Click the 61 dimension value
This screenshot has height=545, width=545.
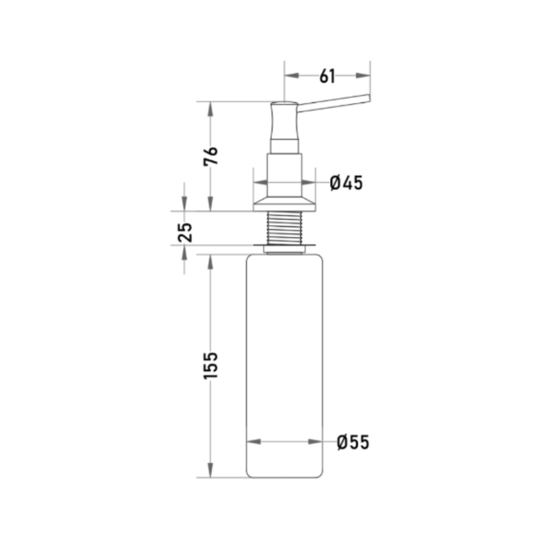point(327,76)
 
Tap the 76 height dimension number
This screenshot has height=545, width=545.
point(210,156)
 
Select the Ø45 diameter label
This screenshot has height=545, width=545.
point(346,183)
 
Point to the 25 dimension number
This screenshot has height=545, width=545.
point(185,232)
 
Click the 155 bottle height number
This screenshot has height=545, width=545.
point(210,365)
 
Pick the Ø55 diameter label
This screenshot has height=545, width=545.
point(353,443)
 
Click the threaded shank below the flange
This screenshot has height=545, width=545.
point(284,228)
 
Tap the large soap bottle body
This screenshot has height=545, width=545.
point(284,366)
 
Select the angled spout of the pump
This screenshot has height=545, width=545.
point(334,103)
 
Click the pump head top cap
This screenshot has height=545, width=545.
point(284,103)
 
